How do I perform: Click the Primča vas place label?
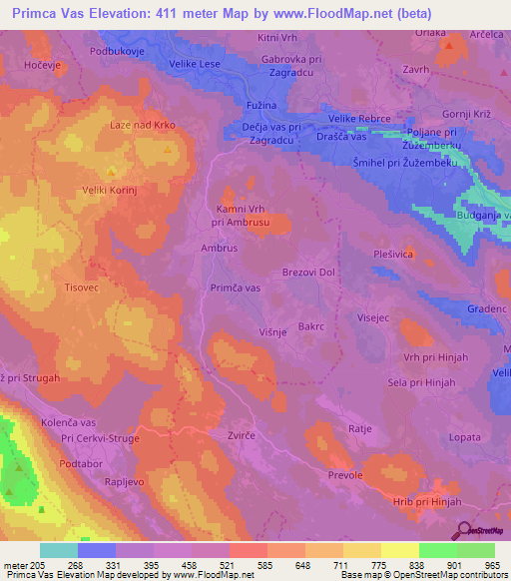click(236, 287)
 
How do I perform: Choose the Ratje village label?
click(360, 428)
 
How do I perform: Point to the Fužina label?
click(260, 106)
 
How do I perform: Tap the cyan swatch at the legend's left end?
click(59, 550)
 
